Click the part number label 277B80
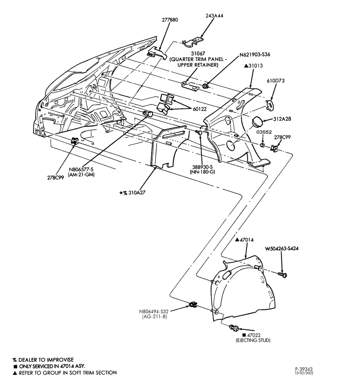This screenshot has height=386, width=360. [170, 20]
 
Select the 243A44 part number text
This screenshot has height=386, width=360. [214, 15]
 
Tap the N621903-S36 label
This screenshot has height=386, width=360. [255, 54]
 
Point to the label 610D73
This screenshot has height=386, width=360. [276, 81]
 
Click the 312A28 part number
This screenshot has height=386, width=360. [282, 119]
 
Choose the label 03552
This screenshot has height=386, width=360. [264, 132]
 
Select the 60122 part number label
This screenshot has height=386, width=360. [200, 109]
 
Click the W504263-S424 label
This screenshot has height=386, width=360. [282, 249]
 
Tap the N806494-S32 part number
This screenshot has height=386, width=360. [154, 312]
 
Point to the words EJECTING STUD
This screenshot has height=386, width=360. [253, 340]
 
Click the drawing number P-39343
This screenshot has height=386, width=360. [304, 369]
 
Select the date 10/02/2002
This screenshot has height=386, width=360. [304, 373]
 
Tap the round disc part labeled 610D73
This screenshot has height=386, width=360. [270, 105]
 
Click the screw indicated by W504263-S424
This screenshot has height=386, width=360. [282, 274]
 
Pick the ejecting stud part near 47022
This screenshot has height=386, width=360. [234, 328]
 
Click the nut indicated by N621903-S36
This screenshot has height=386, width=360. [205, 86]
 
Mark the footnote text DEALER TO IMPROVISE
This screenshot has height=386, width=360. [46, 360]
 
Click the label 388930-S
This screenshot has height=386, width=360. [202, 167]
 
